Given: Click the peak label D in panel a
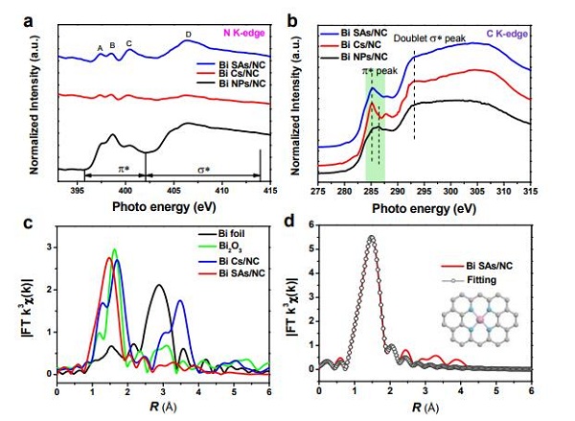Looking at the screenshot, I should (x=188, y=35).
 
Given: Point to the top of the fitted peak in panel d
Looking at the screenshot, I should (x=371, y=238).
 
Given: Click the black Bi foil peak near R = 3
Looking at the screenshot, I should (x=158, y=285).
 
